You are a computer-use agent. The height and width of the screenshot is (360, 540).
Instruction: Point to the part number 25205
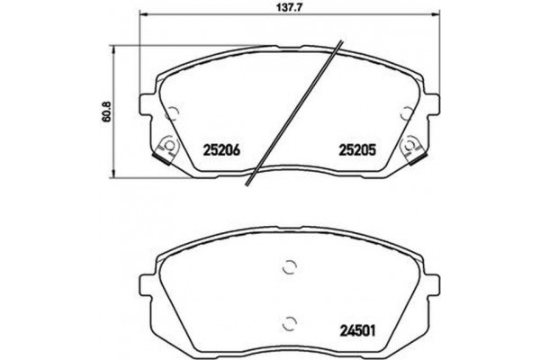(x=355, y=149)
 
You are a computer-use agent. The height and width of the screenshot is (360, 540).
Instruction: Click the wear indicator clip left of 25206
(x=166, y=149)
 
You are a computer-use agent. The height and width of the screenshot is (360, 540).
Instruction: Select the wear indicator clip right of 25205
(x=414, y=149)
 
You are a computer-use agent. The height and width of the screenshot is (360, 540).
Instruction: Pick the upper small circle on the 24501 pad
(x=290, y=266)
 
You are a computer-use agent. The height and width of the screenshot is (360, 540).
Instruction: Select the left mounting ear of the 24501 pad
(x=148, y=274)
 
